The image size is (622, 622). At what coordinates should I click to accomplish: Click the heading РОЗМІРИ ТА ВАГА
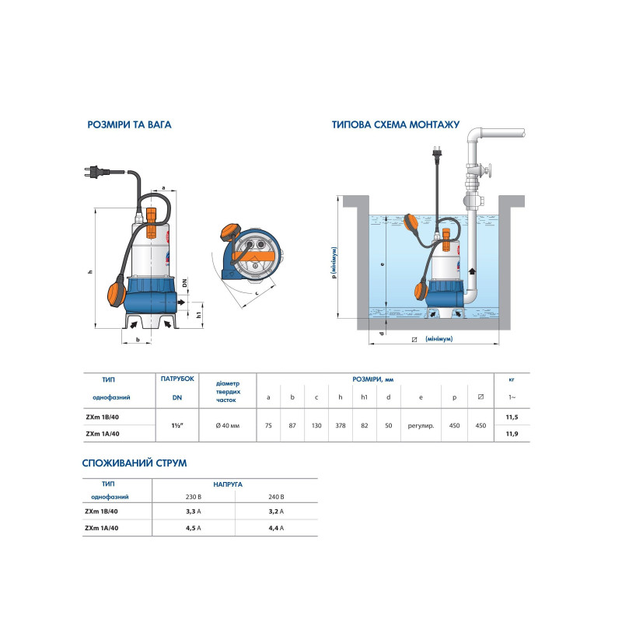[x=129, y=124]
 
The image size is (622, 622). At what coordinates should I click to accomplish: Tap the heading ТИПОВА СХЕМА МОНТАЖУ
[x=396, y=124]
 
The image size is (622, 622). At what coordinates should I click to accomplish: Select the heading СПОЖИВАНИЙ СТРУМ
[x=135, y=463]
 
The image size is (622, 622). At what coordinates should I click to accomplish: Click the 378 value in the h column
[x=341, y=425]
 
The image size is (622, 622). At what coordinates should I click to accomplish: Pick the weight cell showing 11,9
[x=512, y=434]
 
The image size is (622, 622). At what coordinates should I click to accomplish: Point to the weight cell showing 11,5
[x=512, y=417]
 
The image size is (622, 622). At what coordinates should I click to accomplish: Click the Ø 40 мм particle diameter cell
[x=228, y=425]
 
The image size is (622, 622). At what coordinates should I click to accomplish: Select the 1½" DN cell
[x=177, y=425]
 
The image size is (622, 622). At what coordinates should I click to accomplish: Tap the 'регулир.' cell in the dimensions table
[x=421, y=425]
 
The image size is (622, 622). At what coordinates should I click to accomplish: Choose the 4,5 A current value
[x=194, y=528]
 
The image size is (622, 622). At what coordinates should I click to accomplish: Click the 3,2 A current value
[x=276, y=512]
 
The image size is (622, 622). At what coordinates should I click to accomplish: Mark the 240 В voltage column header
[x=276, y=497]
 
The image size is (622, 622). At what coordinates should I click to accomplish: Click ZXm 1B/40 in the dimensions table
[x=103, y=417]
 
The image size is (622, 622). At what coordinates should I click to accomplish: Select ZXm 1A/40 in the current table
[x=102, y=528]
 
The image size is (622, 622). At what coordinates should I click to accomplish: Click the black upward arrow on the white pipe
[x=472, y=272]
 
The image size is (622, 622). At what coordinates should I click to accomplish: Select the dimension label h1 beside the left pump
[x=199, y=315]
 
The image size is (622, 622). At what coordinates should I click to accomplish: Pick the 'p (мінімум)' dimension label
[x=334, y=263]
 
